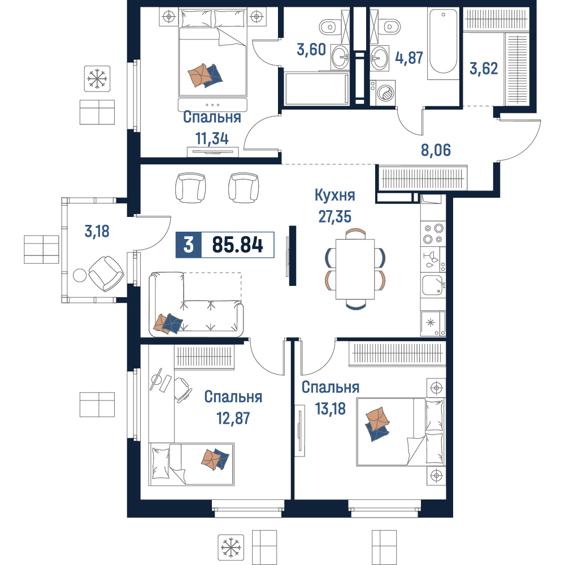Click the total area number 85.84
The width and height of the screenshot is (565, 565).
tap(237, 245)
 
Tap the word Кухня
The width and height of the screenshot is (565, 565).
tap(334, 195)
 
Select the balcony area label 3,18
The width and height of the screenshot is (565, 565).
tap(97, 231)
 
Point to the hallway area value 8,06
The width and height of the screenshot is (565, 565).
tap(436, 150)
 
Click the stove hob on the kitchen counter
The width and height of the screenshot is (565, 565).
tap(433, 233)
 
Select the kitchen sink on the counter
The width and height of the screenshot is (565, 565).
tap(433, 285)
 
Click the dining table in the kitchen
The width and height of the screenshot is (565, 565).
tap(355, 269)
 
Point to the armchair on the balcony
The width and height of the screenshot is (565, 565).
tap(106, 273)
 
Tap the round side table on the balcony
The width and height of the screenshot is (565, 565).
tap(80, 276)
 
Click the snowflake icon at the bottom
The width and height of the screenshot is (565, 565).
tap(231, 547)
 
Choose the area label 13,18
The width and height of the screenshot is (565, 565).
tap(330, 408)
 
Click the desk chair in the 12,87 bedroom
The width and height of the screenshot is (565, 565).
tap(182, 390)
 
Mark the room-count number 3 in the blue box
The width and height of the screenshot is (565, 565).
tap(189, 245)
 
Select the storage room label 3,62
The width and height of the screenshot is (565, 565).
tap(484, 68)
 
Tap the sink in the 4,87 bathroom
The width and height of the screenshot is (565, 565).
tap(379, 58)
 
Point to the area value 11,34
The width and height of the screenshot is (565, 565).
tap(212, 138)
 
